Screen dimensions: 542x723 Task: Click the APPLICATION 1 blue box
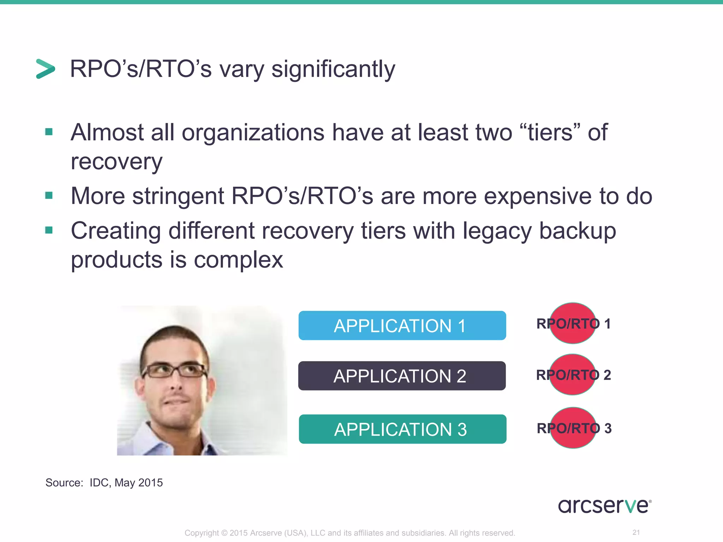[x=402, y=325]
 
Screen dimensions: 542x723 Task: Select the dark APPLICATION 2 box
[x=402, y=376]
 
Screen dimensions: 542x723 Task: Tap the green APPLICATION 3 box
[x=402, y=429]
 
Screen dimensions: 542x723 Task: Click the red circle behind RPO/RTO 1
[x=573, y=323]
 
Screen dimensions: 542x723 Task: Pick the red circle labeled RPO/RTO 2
[x=573, y=374]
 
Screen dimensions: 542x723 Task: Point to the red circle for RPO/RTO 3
[x=573, y=428]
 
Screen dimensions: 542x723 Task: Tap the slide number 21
[x=636, y=532]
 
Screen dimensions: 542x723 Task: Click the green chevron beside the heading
[x=46, y=69]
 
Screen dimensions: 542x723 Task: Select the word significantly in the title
[x=333, y=69]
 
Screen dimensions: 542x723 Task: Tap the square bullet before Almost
[x=49, y=132]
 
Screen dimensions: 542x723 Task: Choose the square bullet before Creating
[x=49, y=230]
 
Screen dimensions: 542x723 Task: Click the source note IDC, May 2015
[x=126, y=482]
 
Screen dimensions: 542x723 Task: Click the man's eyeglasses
[x=175, y=371]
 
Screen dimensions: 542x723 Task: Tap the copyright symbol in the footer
[x=225, y=533]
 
